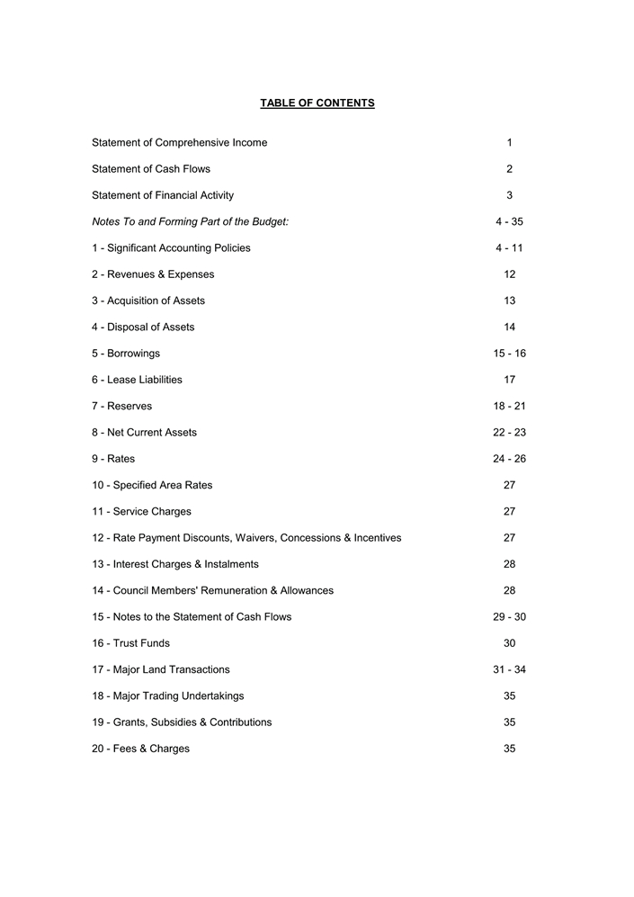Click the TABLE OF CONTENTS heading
[x=317, y=103]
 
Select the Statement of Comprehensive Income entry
[x=179, y=143]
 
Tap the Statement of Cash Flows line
[x=151, y=169]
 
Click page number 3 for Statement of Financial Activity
[x=509, y=195]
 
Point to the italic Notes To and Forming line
[x=190, y=221]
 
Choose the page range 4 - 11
[x=509, y=248]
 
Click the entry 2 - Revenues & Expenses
[x=153, y=274]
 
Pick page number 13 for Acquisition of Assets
[x=509, y=300]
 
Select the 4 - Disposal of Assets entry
[x=143, y=327]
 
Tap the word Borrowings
[x=134, y=354]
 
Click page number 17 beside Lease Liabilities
[x=509, y=380]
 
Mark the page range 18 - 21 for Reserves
[x=509, y=407]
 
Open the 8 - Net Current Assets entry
[x=144, y=433]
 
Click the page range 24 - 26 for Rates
[x=509, y=459]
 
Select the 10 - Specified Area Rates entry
[x=152, y=485]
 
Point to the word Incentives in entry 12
[x=378, y=538]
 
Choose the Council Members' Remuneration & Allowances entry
[x=212, y=591]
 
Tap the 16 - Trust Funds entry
[x=130, y=643]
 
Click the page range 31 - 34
[x=509, y=669]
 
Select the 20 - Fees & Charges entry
[x=140, y=749]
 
